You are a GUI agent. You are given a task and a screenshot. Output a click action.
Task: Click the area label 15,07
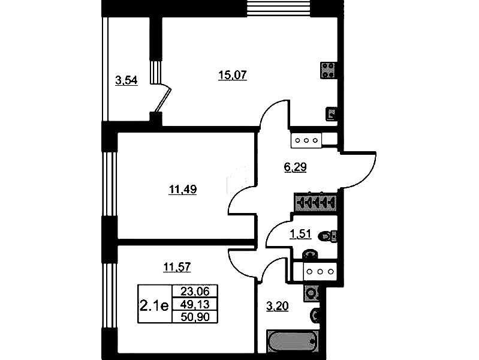point(233,74)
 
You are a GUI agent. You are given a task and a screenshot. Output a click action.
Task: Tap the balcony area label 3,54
point(126,80)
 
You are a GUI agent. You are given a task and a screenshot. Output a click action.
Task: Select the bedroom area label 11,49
point(183,190)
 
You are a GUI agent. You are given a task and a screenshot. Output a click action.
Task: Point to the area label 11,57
point(177,267)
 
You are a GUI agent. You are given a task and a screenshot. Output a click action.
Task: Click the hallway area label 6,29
point(295,167)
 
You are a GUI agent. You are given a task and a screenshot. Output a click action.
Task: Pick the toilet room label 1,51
point(300,234)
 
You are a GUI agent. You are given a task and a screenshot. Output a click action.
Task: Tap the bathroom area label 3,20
point(278,306)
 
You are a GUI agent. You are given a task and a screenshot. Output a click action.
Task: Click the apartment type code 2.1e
point(154,305)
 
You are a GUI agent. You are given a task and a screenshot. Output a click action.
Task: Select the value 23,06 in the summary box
point(195,291)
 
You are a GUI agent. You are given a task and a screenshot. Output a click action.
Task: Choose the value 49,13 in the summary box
point(195,304)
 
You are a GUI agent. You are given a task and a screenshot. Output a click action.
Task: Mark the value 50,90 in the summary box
point(195,317)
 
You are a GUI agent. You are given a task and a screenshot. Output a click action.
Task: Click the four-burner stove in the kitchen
point(328,70)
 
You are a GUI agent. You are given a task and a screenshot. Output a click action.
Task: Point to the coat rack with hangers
point(315,202)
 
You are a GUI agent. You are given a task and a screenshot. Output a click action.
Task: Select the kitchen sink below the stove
point(331,114)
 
